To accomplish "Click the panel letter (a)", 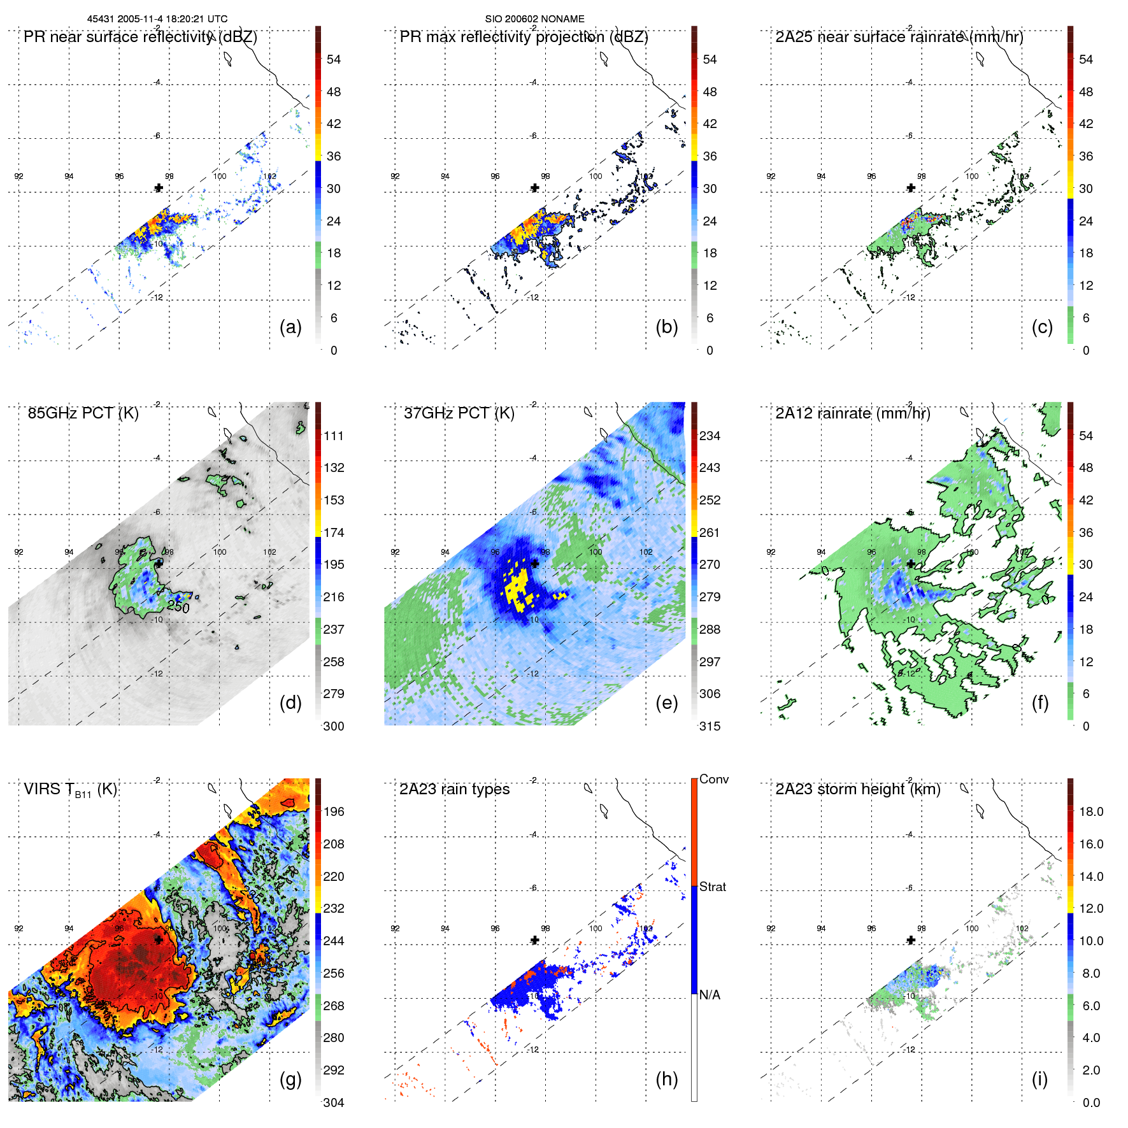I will [290, 327].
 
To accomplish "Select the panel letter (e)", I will [666, 703].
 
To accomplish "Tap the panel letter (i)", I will [1039, 1079].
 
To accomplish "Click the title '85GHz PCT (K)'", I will [83, 413].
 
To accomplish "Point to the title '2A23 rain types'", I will [454, 789].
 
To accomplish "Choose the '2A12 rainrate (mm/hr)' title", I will [852, 413].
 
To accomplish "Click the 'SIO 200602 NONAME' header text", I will [534, 19].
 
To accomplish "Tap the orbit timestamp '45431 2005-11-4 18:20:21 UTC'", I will [157, 19].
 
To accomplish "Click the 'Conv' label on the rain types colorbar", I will [713, 779].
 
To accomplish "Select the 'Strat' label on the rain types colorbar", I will [712, 887].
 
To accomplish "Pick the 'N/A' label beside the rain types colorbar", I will [710, 995].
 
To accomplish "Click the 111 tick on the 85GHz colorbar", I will [334, 436].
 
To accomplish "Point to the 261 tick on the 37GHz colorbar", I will [710, 532].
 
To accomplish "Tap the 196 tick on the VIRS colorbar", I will [334, 811].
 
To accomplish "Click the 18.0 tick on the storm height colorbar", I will [1090, 811].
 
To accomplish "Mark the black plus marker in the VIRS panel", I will [159, 939].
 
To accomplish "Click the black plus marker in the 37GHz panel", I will [535, 564].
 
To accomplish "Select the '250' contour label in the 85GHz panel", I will [178, 607].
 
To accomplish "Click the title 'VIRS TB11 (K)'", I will [70, 790].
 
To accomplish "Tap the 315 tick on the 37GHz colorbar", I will [710, 726].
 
